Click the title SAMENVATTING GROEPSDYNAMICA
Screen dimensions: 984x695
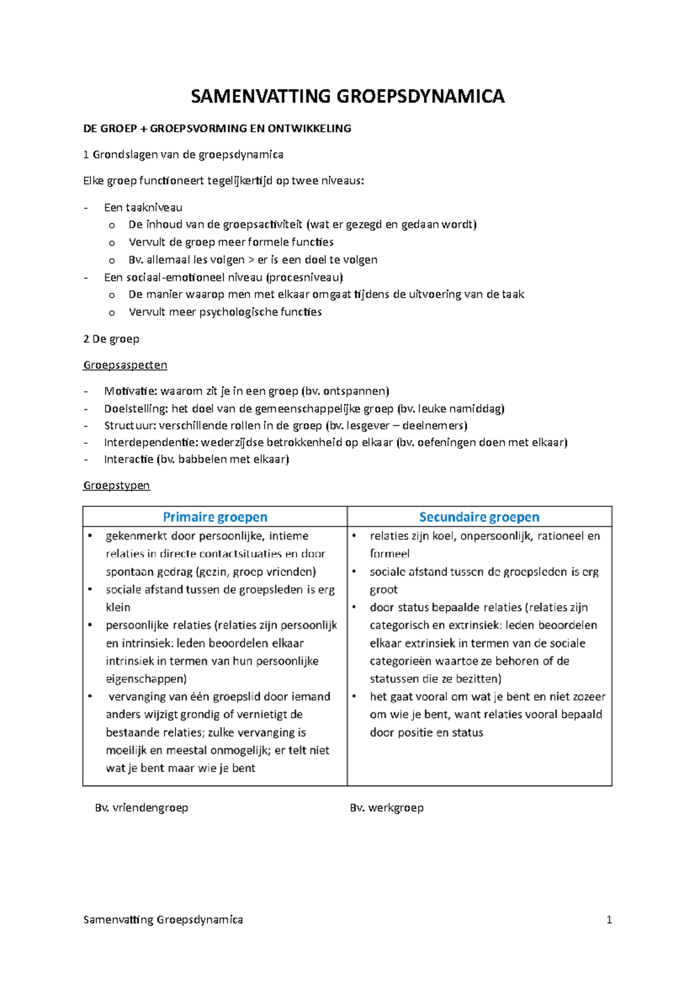point(348,96)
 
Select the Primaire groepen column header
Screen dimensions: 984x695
point(215,517)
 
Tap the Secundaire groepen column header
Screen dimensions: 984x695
point(479,517)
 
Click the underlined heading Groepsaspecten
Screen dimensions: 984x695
point(125,365)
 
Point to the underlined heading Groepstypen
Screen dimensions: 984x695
point(116,485)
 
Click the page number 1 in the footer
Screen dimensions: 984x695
point(609,920)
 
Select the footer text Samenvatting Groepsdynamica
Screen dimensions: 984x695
point(163,920)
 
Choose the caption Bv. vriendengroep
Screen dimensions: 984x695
point(141,807)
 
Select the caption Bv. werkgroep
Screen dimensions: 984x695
point(387,807)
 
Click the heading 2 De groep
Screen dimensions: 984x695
point(111,339)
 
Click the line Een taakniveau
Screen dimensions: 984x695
point(143,207)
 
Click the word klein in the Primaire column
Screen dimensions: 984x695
point(118,607)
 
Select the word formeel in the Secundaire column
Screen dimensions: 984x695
point(390,553)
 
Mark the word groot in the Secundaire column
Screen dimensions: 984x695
point(384,589)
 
